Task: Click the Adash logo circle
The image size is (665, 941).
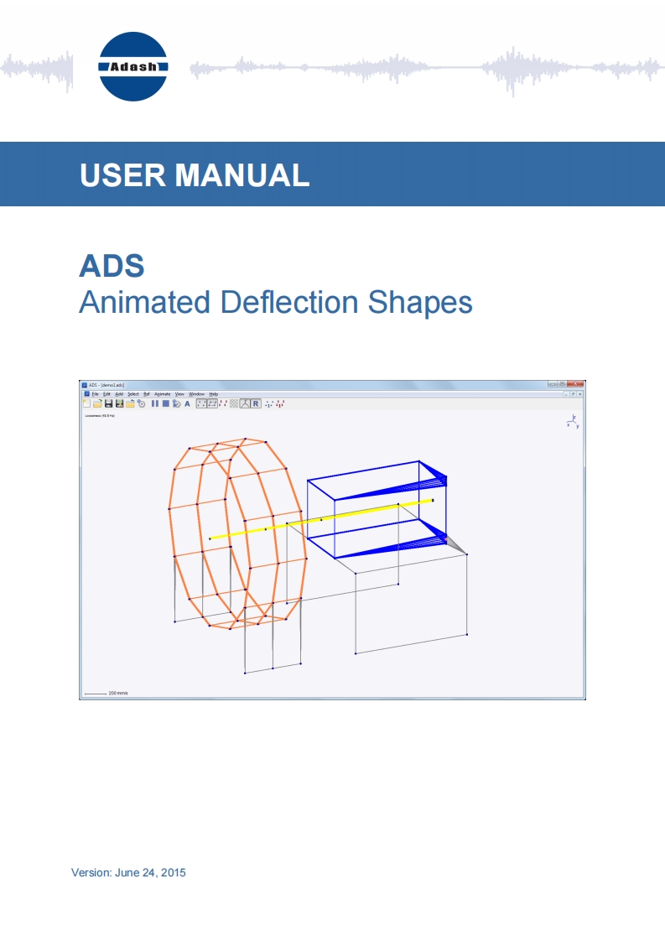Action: pyautogui.click(x=133, y=66)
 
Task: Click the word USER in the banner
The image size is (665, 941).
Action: pyautogui.click(x=120, y=174)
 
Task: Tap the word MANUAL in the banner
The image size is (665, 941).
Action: pyautogui.click(x=242, y=174)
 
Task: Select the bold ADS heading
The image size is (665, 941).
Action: pyautogui.click(x=112, y=266)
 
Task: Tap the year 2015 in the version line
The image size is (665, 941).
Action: pyautogui.click(x=172, y=873)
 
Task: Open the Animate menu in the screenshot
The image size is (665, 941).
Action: pyautogui.click(x=162, y=393)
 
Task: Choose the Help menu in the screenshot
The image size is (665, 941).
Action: pyautogui.click(x=214, y=393)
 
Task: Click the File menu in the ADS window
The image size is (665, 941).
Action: pyautogui.click(x=95, y=393)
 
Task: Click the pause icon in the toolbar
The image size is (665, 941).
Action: pyautogui.click(x=155, y=403)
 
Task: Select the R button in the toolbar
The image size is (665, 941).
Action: pyautogui.click(x=256, y=403)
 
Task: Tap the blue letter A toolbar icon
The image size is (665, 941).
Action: pyautogui.click(x=187, y=403)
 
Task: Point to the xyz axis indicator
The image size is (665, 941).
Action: pyautogui.click(x=573, y=422)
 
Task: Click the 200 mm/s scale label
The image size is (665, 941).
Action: pyautogui.click(x=118, y=694)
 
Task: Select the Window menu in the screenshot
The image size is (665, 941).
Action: pyautogui.click(x=196, y=393)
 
